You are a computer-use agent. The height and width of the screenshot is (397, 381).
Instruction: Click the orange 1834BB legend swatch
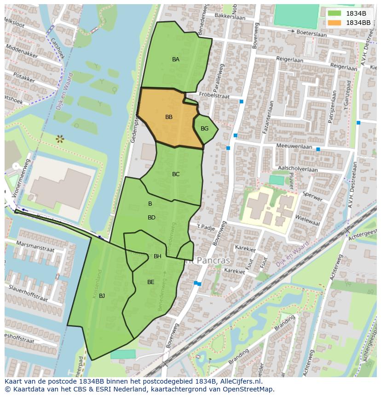click(x=335, y=23)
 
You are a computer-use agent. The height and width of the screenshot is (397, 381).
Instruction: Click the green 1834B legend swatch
click(x=335, y=13)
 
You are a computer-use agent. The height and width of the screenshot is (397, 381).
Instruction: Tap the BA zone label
click(x=176, y=59)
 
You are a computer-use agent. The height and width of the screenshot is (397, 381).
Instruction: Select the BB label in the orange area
click(x=169, y=117)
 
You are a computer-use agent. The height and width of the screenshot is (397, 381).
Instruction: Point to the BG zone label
click(x=205, y=129)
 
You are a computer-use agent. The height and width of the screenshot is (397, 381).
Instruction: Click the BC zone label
click(x=176, y=174)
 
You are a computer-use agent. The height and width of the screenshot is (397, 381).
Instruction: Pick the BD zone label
click(x=151, y=218)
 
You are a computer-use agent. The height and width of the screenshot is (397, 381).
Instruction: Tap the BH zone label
click(x=157, y=256)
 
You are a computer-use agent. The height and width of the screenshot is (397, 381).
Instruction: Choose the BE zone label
click(x=150, y=282)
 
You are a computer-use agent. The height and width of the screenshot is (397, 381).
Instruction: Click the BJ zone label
click(x=102, y=296)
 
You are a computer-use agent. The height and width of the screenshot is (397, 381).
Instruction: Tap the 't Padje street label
click(x=206, y=227)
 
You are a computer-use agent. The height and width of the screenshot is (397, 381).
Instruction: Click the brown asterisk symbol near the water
click(x=59, y=138)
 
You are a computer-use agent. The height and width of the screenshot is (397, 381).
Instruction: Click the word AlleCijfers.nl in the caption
click(x=239, y=382)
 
